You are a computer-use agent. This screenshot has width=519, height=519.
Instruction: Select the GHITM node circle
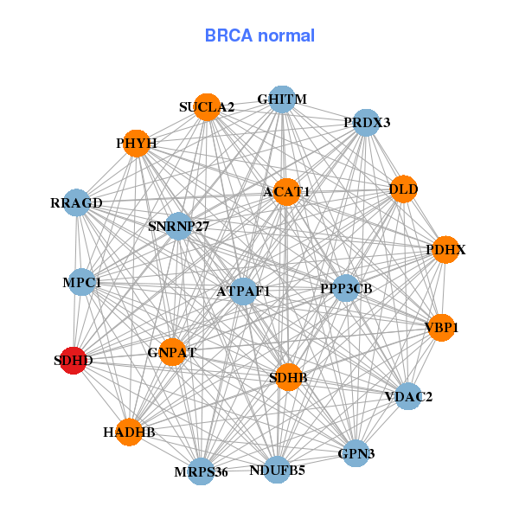click(x=281, y=100)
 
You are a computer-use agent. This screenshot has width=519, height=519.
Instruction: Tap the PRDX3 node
click(x=367, y=123)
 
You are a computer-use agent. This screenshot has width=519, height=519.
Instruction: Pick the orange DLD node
click(x=404, y=189)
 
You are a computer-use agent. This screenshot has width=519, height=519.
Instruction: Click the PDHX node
click(x=445, y=250)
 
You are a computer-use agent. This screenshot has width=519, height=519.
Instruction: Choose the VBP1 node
click(x=441, y=328)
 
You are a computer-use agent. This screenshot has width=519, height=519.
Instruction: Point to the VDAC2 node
click(x=408, y=397)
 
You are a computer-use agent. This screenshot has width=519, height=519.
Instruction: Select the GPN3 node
click(x=356, y=452)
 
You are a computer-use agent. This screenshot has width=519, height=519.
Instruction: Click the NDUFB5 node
click(x=277, y=471)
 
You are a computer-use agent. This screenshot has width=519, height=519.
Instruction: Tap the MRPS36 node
click(x=202, y=471)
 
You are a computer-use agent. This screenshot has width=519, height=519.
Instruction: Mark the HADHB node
click(x=129, y=432)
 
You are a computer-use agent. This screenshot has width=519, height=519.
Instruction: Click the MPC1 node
click(x=82, y=282)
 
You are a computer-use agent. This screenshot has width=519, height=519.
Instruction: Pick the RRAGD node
click(x=77, y=203)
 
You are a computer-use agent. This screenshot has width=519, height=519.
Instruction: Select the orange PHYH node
click(x=136, y=143)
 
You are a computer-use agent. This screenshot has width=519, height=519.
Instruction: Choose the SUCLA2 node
click(x=207, y=107)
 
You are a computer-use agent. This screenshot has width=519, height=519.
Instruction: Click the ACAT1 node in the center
click(x=286, y=191)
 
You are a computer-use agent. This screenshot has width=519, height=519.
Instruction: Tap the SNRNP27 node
click(x=178, y=227)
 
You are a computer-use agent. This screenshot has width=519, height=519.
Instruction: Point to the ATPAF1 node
click(x=244, y=292)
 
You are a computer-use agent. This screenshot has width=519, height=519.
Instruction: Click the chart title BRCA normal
click(x=259, y=36)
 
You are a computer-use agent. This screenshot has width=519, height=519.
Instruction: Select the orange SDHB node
click(x=288, y=377)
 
